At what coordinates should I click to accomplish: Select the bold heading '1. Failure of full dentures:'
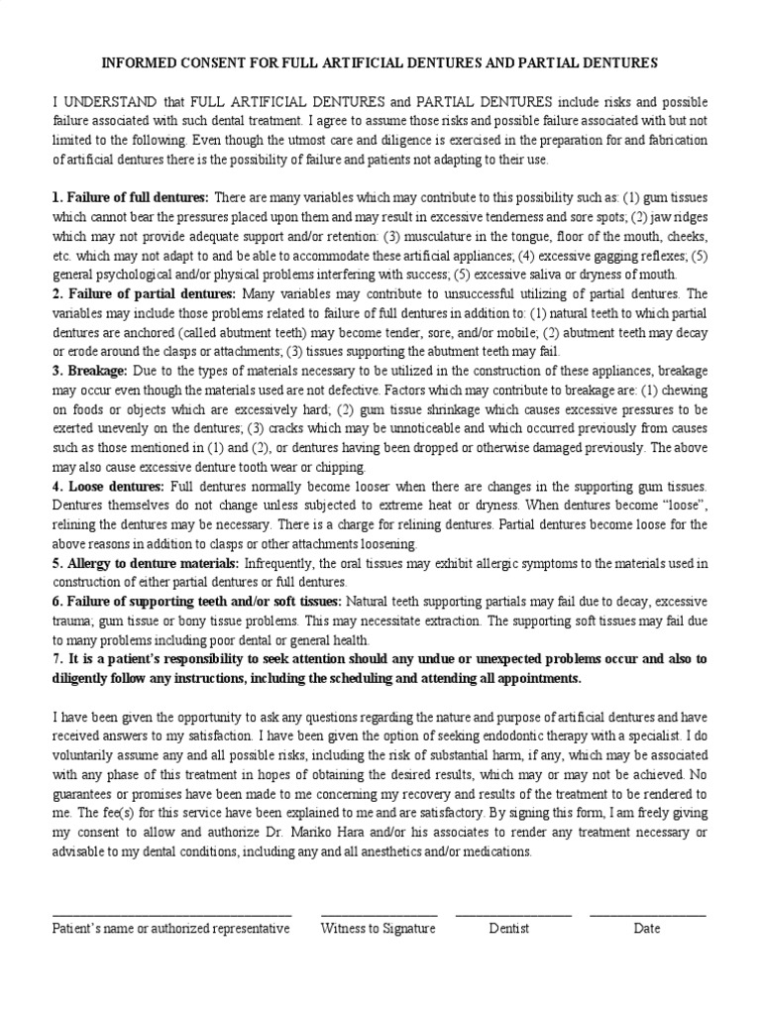pyautogui.click(x=130, y=197)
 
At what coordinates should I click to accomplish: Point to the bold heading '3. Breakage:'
pyautogui.click(x=89, y=371)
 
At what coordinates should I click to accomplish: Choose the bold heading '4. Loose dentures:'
pyautogui.click(x=108, y=487)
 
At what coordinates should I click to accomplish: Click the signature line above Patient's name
pyautogui.click(x=171, y=914)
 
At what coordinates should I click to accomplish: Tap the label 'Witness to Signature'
pyautogui.click(x=378, y=929)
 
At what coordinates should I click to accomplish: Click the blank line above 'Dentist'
pyautogui.click(x=512, y=914)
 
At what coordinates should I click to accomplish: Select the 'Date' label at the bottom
pyautogui.click(x=647, y=929)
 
